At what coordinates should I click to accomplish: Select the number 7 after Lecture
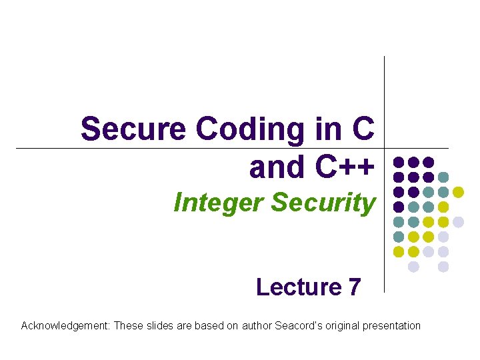tap(354, 287)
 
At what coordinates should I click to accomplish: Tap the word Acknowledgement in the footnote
tap(65, 326)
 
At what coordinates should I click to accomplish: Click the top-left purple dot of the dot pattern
tap(399, 162)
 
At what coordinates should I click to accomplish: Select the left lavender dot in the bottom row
tap(413, 267)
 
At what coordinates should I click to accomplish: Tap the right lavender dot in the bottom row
tap(443, 267)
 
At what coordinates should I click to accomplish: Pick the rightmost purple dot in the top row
tap(429, 162)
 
